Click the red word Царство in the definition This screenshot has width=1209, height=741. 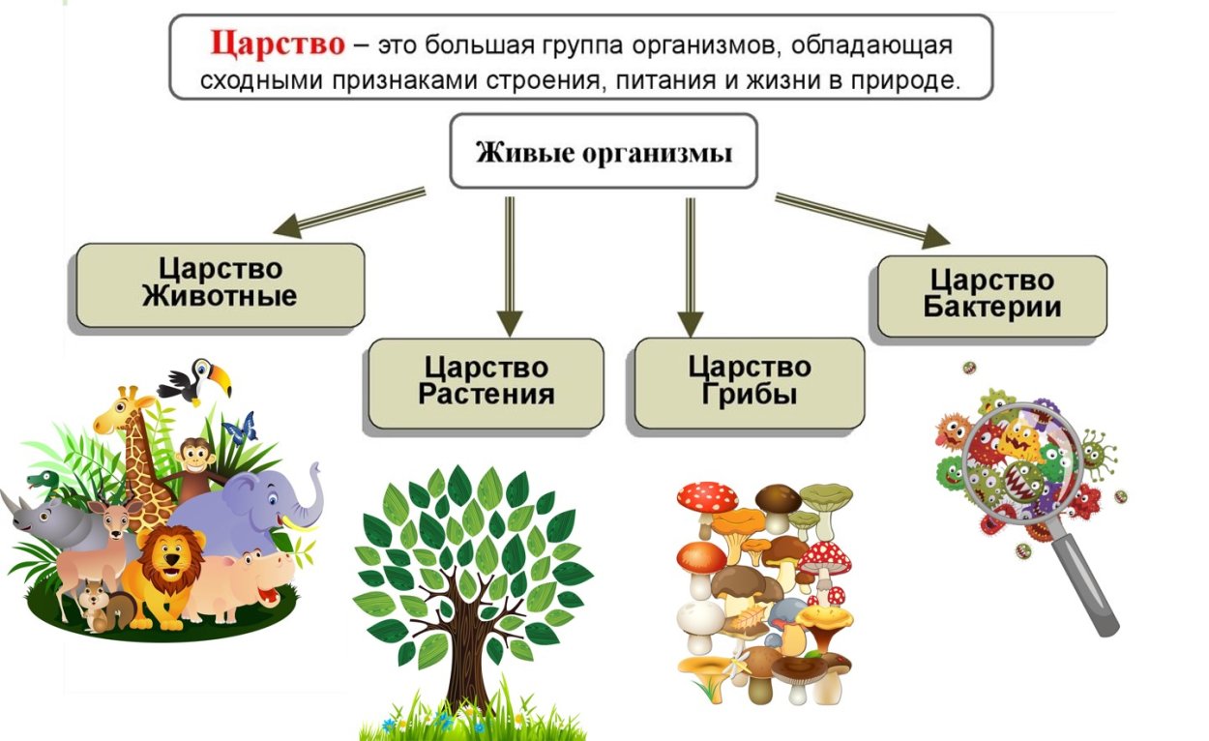tap(278, 44)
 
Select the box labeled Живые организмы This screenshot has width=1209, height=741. tap(604, 152)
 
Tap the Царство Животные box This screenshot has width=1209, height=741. tap(220, 283)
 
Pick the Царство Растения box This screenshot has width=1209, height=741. tap(486, 381)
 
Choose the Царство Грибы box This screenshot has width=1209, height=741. tap(749, 381)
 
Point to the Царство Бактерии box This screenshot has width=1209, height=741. tap(991, 294)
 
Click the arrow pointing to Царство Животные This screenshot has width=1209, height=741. tap(349, 212)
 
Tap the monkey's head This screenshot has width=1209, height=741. tap(196, 456)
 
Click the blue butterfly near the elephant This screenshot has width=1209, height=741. tap(240, 427)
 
